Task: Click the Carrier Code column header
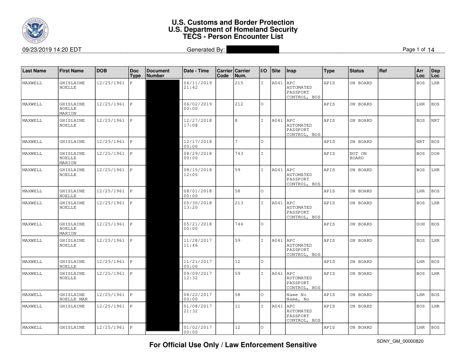(224, 73)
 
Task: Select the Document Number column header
(158, 73)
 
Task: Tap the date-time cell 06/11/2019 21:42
(197, 85)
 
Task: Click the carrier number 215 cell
(239, 83)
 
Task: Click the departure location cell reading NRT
(436, 120)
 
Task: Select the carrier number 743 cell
(239, 154)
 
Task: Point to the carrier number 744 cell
(239, 224)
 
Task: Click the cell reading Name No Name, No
(298, 297)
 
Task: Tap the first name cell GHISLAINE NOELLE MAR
(73, 297)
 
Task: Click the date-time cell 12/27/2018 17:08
(197, 123)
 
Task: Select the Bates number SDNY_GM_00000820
(400, 341)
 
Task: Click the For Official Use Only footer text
(233, 345)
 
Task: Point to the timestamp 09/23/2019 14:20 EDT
(52, 50)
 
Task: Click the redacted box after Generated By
(252, 50)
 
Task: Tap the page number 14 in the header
(431, 50)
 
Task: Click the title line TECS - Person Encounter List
(233, 37)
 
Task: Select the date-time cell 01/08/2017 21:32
(197, 308)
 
